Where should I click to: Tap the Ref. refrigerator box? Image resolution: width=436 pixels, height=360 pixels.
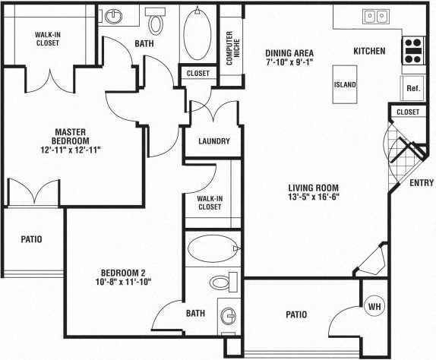click(413, 88)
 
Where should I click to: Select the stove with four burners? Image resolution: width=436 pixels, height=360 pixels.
click(413, 50)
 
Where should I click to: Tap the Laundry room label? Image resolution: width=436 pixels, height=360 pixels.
click(213, 141)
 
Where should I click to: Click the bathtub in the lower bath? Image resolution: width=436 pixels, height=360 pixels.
click(211, 248)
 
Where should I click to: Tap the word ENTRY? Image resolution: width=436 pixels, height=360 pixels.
click(421, 183)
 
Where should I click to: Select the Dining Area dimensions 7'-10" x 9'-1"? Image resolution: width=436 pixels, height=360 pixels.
click(289, 64)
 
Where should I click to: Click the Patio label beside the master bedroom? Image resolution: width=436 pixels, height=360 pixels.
click(30, 239)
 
